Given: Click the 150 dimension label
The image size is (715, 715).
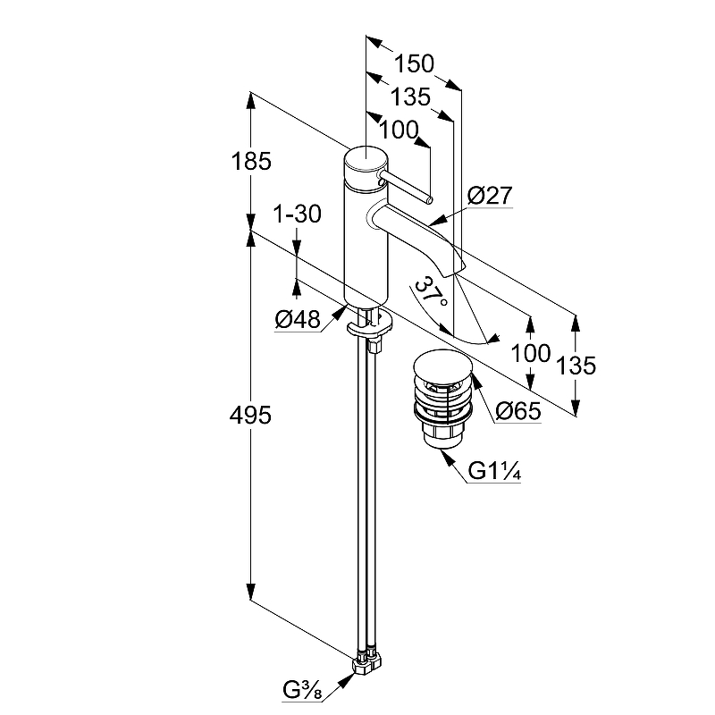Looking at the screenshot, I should (x=415, y=63).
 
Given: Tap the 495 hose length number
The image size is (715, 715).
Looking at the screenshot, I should (x=250, y=416).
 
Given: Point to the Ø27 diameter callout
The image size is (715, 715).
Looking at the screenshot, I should (x=488, y=195).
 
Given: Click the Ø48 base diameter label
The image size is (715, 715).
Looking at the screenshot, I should (x=297, y=318).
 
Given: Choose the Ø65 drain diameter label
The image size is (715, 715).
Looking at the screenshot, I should (x=517, y=411).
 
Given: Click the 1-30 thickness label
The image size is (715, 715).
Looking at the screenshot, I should (x=297, y=214).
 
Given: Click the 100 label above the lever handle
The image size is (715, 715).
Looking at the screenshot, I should (x=399, y=130).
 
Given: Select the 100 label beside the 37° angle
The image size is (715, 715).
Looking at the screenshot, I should (x=530, y=352).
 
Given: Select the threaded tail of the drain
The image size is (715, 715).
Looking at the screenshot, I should (x=440, y=436).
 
